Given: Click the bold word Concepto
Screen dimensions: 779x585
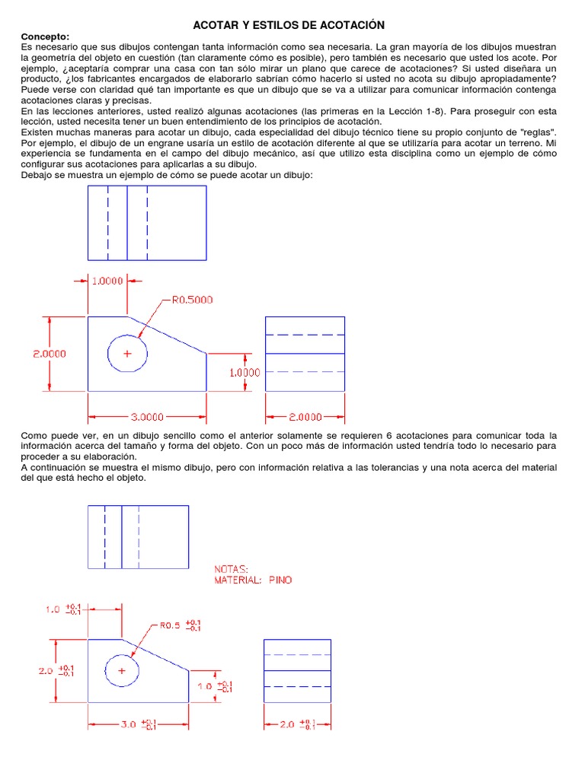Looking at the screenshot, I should tap(45, 37).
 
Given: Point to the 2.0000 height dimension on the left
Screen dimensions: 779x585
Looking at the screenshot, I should tap(49, 354).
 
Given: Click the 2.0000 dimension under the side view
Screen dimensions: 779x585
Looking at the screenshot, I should tap(305, 417).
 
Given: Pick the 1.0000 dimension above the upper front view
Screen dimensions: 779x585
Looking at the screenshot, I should tap(107, 281).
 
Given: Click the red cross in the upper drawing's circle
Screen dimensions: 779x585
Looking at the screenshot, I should tap(127, 354).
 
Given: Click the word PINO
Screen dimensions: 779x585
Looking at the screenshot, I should tap(280, 580).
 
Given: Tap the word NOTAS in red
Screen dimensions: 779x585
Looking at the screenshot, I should tap(232, 568).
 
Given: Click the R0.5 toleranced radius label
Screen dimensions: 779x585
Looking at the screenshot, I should tap(169, 626).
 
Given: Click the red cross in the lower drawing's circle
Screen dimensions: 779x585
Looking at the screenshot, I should tap(120, 671).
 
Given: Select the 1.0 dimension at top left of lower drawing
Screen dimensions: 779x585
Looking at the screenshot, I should tap(53, 609).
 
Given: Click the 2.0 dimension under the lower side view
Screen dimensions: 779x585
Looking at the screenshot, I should tap(286, 723).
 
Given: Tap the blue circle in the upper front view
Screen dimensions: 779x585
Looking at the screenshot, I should tap(127, 354).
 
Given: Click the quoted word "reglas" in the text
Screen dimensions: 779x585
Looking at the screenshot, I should tap(537, 132).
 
